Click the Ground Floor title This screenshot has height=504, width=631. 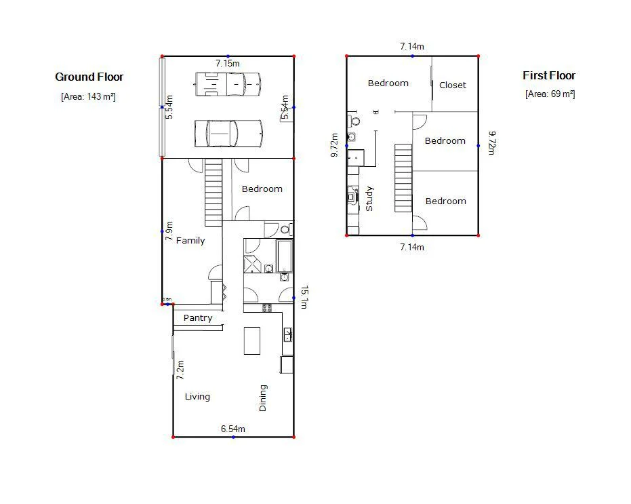[89, 77]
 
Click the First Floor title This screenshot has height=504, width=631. [548, 76]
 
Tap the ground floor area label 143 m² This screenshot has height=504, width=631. [88, 97]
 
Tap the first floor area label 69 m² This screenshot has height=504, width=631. [550, 94]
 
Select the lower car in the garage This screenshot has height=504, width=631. [228, 133]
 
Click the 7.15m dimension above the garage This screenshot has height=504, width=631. [228, 63]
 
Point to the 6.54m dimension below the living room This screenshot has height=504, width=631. [232, 429]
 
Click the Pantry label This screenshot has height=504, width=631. [198, 318]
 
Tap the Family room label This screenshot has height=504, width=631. [190, 241]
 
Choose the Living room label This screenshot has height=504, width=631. [197, 397]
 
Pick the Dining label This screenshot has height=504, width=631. [263, 398]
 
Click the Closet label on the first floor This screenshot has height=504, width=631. [452, 85]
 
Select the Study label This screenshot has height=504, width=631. [369, 199]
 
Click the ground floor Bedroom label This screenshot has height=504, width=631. [262, 189]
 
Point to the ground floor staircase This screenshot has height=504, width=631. [213, 192]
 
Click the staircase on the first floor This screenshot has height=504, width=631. [403, 177]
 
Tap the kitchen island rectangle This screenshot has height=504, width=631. [252, 340]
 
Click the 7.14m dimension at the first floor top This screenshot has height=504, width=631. [411, 47]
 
